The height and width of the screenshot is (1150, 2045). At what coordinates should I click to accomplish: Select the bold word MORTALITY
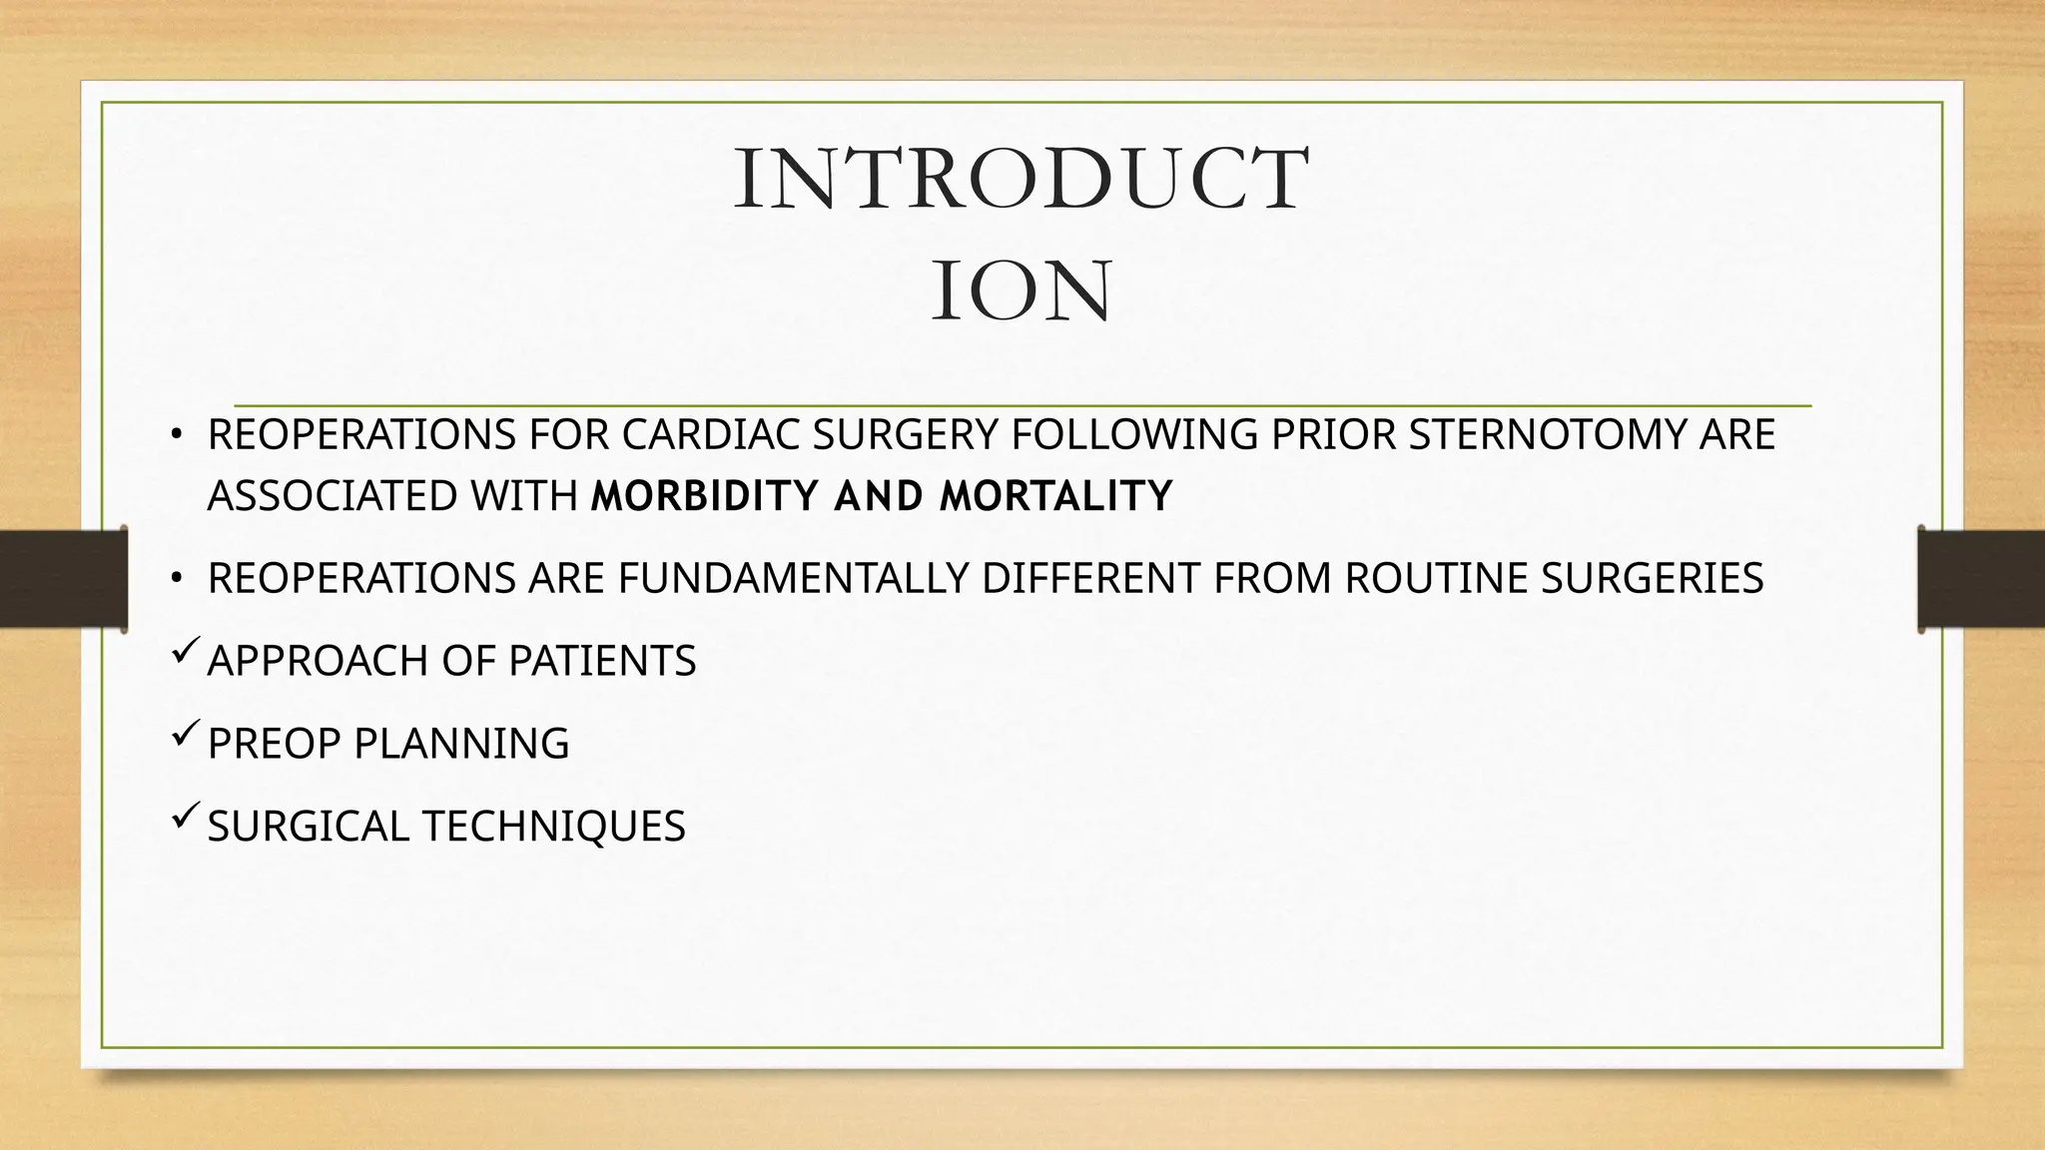pos(1056,496)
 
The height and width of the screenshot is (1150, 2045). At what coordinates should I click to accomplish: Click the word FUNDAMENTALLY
pos(793,579)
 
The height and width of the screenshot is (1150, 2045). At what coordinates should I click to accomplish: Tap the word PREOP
pos(274,744)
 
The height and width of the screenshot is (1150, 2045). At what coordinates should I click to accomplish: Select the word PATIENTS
pos(602,661)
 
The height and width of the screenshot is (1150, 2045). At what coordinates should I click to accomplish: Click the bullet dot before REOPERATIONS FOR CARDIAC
pos(176,434)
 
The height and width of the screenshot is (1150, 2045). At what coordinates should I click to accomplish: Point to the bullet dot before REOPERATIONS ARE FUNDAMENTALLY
pos(176,578)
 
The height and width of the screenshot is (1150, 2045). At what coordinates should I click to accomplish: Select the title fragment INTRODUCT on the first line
pos(1022,180)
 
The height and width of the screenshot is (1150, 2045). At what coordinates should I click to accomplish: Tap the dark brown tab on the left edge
pos(63,579)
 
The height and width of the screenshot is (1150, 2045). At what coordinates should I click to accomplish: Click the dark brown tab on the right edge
pos(1981,579)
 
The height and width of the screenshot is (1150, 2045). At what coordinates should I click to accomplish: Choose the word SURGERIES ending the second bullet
pos(1652,579)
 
